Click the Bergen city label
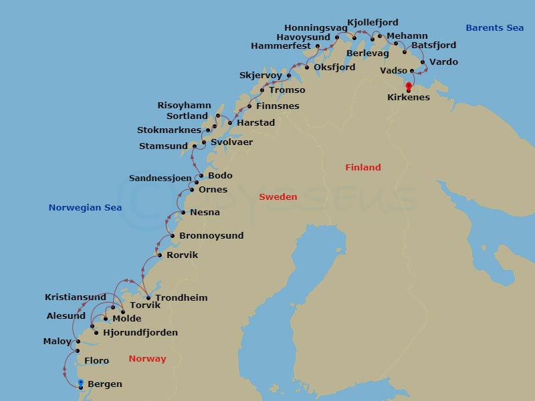click(x=105, y=384)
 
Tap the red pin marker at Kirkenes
click(x=409, y=86)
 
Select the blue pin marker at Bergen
click(x=80, y=383)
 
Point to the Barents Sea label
click(x=494, y=28)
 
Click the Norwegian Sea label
click(x=85, y=208)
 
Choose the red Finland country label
click(x=362, y=168)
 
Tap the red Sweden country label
click(x=278, y=197)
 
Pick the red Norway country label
click(x=147, y=359)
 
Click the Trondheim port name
click(x=181, y=298)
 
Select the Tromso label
click(x=287, y=90)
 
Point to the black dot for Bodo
click(x=201, y=176)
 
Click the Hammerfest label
click(x=281, y=46)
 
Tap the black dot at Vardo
click(x=423, y=62)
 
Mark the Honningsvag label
click(x=316, y=28)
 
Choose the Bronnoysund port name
click(x=211, y=236)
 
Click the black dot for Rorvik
click(x=159, y=255)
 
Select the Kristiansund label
click(x=76, y=297)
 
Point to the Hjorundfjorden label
click(x=140, y=333)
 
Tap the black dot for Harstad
click(x=230, y=123)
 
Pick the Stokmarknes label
click(x=169, y=130)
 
